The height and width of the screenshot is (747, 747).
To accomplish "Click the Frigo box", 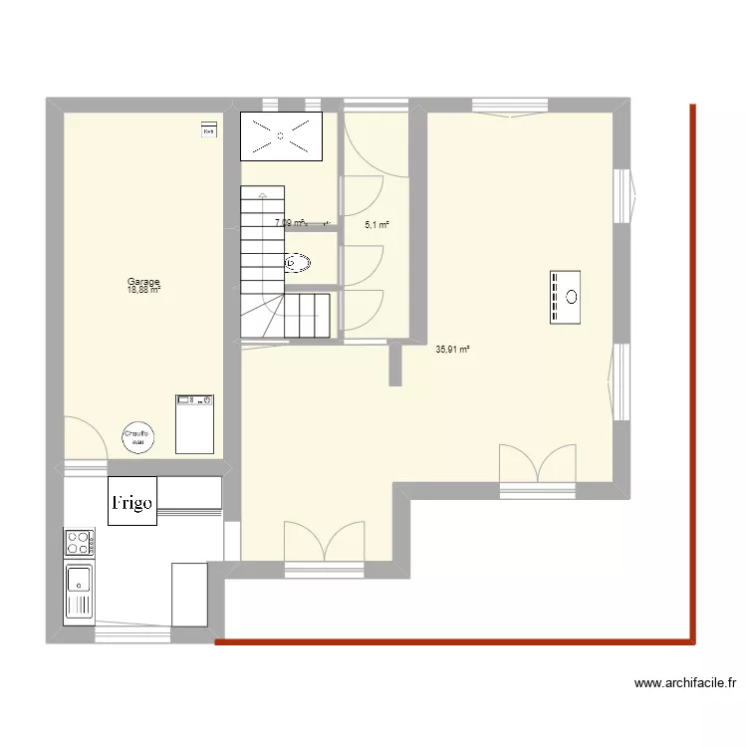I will [x=132, y=501].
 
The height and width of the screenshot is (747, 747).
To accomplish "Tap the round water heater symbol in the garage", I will [x=137, y=436].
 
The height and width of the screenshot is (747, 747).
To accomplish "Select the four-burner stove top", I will [x=79, y=543].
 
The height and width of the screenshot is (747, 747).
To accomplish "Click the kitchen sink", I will [x=79, y=592].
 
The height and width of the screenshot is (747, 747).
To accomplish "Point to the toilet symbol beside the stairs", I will [x=298, y=264].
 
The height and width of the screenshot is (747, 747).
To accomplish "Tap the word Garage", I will [x=143, y=282].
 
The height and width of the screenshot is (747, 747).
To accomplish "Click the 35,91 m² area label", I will [x=452, y=350].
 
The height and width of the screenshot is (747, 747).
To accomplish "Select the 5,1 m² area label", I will [x=376, y=225].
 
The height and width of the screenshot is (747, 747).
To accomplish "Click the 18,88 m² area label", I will [x=143, y=291].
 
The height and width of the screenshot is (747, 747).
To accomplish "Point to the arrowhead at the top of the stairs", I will [x=262, y=197].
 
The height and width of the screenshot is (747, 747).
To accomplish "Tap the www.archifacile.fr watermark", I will [x=684, y=683].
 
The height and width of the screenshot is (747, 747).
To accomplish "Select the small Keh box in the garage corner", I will [x=209, y=130].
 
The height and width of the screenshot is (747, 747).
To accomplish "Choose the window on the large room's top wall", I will [x=510, y=106].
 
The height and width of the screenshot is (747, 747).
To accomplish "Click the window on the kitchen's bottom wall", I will [x=132, y=633].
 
